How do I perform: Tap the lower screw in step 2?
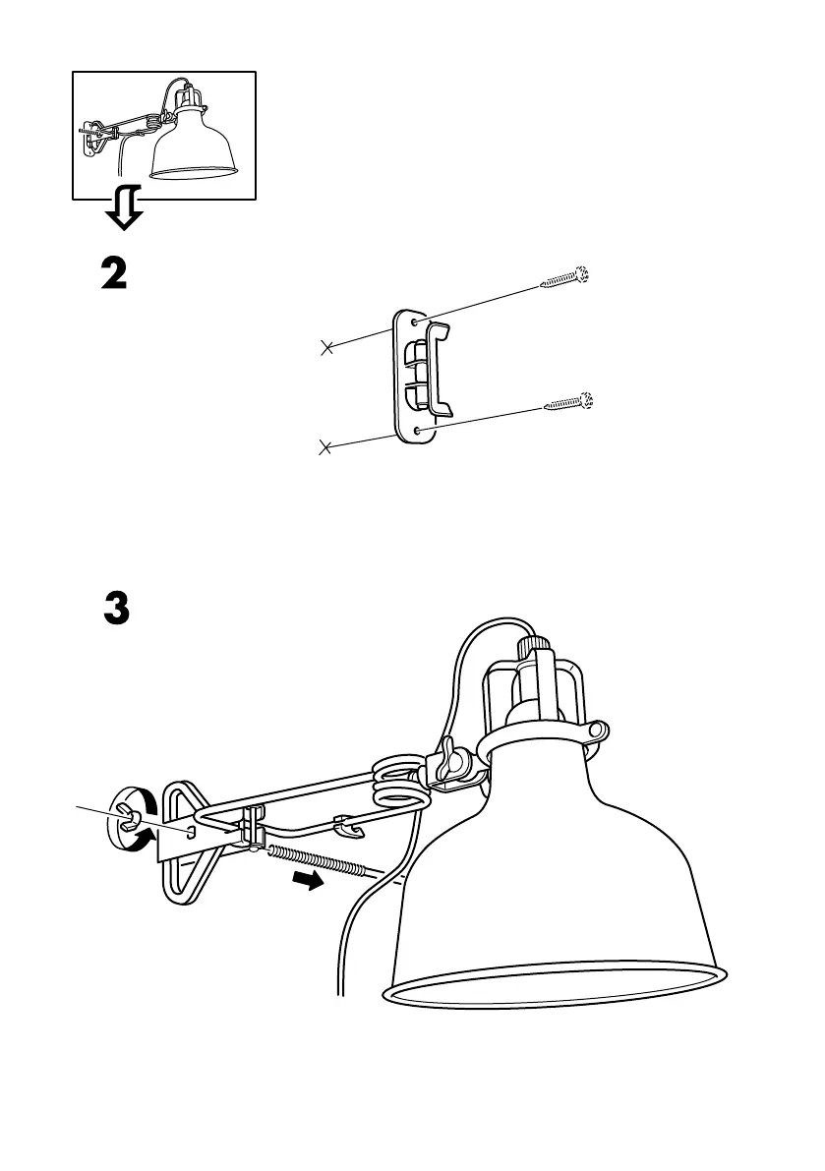coord(569,402)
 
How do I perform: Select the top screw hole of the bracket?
coord(419,322)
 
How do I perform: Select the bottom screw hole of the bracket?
coord(420,430)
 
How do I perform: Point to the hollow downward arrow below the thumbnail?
coord(123,209)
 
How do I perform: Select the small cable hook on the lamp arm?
coord(346,825)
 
